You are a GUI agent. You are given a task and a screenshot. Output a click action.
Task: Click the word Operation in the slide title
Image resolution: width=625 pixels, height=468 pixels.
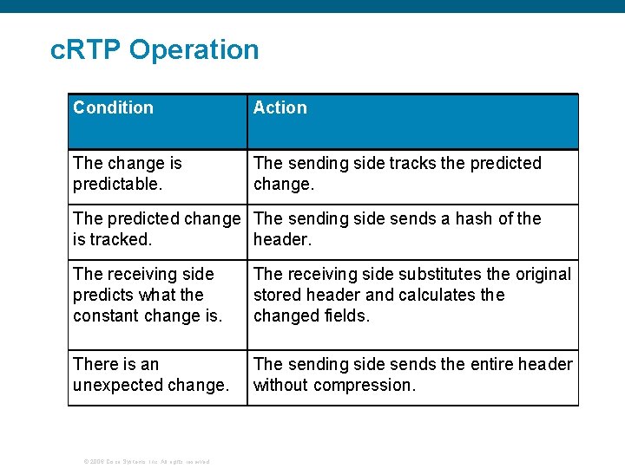pos(194,50)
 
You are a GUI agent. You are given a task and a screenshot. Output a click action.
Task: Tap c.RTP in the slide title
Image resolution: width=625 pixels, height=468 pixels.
pos(87,50)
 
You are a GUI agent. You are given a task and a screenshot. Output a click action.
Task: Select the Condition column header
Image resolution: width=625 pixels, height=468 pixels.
pos(113,107)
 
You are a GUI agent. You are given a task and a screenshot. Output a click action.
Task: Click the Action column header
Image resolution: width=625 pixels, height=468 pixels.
pos(280,107)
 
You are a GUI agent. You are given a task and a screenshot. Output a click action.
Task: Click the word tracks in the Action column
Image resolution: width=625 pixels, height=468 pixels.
pos(412,163)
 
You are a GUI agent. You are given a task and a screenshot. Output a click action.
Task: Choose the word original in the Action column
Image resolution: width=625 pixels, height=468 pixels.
pos(543,274)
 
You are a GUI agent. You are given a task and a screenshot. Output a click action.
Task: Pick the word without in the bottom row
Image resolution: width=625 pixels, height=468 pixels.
pos(280,385)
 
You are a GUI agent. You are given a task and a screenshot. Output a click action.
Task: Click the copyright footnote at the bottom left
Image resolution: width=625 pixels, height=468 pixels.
pos(146,461)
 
